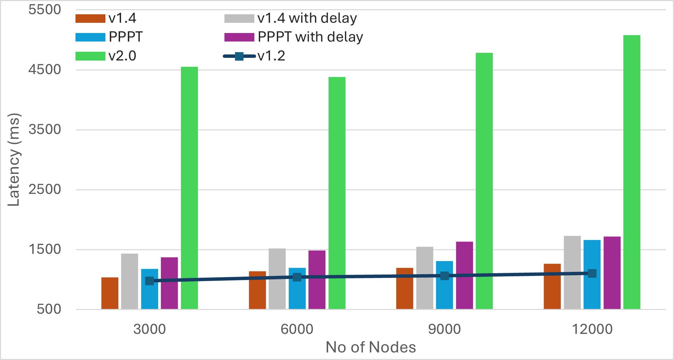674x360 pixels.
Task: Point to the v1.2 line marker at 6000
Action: (297, 277)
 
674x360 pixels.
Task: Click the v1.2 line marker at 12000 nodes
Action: (592, 273)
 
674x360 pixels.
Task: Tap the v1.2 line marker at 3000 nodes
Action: (150, 281)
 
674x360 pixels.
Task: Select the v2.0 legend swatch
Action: (90, 56)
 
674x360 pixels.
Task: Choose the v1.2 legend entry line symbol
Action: (239, 56)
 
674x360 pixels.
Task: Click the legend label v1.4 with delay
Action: (307, 18)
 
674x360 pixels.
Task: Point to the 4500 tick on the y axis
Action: (45, 70)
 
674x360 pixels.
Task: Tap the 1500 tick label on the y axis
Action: (45, 249)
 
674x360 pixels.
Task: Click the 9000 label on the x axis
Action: (444, 329)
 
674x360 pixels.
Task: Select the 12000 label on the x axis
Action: (592, 329)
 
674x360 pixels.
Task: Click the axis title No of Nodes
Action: (371, 347)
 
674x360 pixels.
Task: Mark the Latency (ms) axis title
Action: (14, 160)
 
